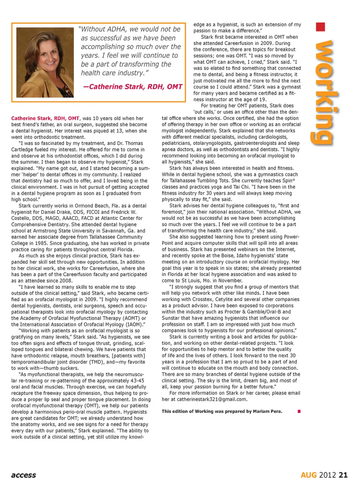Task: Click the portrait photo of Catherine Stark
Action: click(x=45, y=62)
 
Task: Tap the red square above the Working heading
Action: click(x=320, y=27)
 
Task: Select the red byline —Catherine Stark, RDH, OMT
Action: click(x=133, y=87)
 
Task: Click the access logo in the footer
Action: click(x=24, y=475)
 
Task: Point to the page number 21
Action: click(x=343, y=475)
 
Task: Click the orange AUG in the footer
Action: click(x=309, y=475)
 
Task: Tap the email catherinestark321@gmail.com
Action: click(x=212, y=399)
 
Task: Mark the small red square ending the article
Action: click(x=299, y=411)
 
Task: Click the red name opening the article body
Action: click(x=45, y=118)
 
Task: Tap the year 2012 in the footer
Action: click(x=327, y=475)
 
